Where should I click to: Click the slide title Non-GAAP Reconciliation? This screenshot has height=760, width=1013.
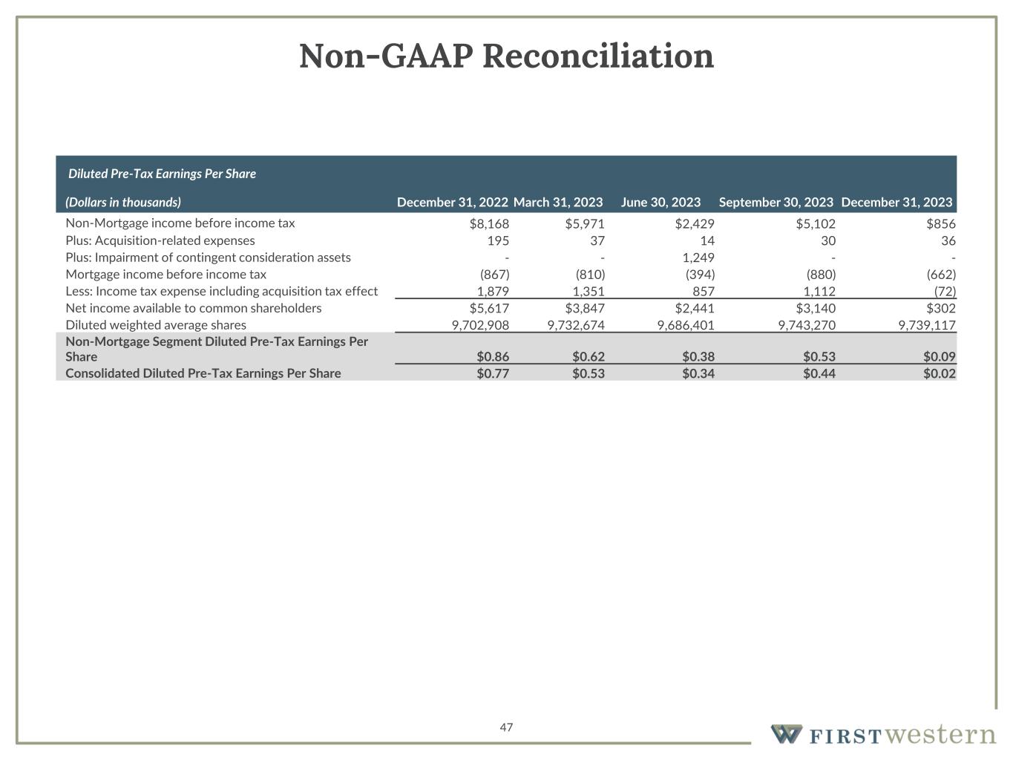pos(506,56)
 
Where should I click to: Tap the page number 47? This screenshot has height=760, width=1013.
pos(506,727)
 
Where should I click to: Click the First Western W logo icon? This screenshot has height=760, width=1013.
pos(786,734)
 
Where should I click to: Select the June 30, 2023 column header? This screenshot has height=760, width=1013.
pos(660,202)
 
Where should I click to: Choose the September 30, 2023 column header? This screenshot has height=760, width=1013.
pos(776,202)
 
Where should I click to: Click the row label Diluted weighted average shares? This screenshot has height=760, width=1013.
pos(156,325)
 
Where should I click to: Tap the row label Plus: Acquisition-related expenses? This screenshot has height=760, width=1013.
pos(160,240)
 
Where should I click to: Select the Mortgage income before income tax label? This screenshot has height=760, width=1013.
pos(165,275)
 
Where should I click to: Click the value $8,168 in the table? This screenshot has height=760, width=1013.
pos(489,223)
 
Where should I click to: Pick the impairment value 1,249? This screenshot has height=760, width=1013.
pos(698,258)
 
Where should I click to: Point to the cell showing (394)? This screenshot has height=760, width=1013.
pos(700,275)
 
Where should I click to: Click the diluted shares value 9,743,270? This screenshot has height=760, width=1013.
pos(807,325)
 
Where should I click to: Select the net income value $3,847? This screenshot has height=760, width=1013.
pos(585,308)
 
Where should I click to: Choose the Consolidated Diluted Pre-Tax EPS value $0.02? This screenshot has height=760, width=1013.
pos(939,373)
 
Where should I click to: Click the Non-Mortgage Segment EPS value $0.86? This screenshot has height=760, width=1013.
pos(493,357)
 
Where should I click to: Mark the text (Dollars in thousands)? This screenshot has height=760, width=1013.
pos(123,202)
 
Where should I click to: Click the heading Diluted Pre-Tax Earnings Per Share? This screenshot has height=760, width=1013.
pos(162,174)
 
